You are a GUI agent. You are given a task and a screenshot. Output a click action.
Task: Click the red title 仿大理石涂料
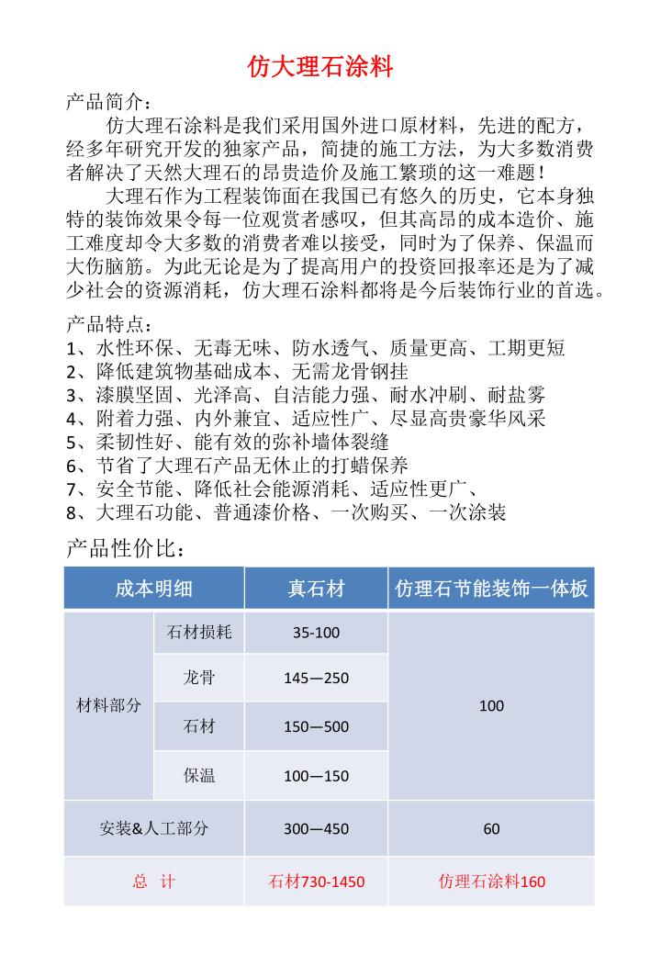coord(321,67)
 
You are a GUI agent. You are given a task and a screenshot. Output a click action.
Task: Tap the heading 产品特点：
coord(106,325)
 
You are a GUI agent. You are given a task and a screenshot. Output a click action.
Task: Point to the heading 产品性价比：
coord(128,549)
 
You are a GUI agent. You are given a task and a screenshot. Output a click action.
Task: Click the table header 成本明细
coord(153,589)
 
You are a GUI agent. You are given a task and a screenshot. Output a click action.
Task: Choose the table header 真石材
coord(316,589)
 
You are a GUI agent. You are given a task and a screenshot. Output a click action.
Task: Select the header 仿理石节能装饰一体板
coord(491,589)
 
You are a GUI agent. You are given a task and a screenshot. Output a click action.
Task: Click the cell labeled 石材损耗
coord(199,633)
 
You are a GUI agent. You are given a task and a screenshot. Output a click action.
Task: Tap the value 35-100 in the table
coord(316,633)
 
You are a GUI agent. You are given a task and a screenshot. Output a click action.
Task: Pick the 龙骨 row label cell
coord(199,678)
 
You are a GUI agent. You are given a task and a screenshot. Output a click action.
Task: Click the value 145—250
coord(316,679)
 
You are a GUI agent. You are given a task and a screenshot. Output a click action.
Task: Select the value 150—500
coord(316,727)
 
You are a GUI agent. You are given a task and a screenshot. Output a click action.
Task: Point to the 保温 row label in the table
coord(199,776)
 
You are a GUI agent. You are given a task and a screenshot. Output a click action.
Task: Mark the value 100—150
coord(316,776)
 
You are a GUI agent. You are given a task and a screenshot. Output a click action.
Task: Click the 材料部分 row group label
coord(108,705)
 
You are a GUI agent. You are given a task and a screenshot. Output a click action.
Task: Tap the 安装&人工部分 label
coord(153,828)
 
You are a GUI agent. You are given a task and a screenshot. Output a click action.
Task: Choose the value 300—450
coord(316,828)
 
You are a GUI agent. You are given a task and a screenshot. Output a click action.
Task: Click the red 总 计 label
coord(153,882)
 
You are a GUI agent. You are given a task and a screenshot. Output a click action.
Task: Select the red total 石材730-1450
coord(316,882)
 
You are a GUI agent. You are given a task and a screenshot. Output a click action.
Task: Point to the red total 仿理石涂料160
coord(491,882)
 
